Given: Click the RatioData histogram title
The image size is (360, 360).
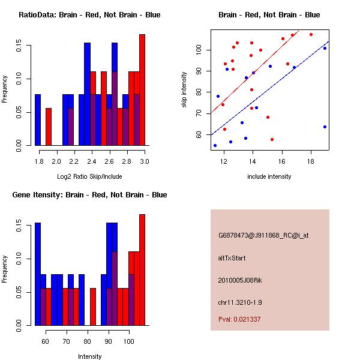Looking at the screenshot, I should [x=89, y=15].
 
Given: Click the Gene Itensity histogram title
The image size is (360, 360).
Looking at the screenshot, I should [x=89, y=195].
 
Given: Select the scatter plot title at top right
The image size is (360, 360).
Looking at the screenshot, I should [x=269, y=15].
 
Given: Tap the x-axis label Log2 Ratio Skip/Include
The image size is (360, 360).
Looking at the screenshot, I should [x=89, y=176].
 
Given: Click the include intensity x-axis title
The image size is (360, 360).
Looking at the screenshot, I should [x=269, y=176].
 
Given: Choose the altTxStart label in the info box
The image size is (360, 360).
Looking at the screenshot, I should [x=232, y=258].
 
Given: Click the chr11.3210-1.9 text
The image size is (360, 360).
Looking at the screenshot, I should [x=240, y=302].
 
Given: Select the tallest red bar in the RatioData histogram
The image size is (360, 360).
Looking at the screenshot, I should [x=142, y=90].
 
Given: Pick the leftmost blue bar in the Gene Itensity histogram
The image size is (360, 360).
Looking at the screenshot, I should [x=37, y=274].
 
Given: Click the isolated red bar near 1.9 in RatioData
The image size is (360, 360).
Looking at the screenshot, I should [x=49, y=127].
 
